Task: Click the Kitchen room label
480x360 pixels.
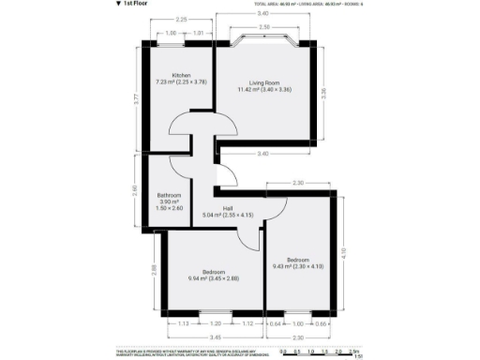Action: tap(181, 75)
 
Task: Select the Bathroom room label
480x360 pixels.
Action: tap(169, 195)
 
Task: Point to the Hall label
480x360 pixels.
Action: tap(228, 208)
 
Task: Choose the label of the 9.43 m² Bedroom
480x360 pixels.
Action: tap(298, 260)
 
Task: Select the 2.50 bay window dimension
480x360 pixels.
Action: tap(265, 27)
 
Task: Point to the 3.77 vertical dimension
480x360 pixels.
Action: tap(137, 97)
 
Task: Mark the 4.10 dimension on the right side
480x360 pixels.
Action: tap(344, 251)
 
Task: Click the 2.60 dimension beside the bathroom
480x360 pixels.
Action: tap(134, 190)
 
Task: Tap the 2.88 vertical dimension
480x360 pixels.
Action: tap(154, 270)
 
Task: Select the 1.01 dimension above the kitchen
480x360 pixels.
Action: tap(198, 33)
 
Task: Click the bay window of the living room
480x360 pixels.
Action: tap(265, 40)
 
